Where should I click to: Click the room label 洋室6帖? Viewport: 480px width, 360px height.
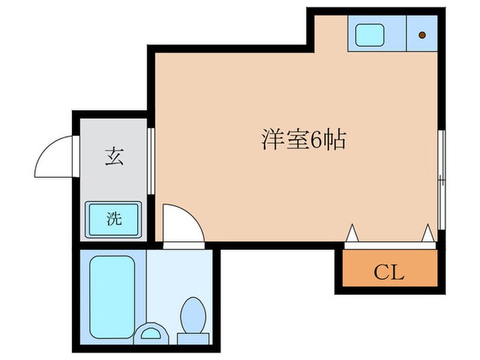[x=302, y=140]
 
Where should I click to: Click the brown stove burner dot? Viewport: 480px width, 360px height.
[x=422, y=34]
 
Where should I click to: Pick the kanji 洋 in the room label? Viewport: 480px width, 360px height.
[x=270, y=140]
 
